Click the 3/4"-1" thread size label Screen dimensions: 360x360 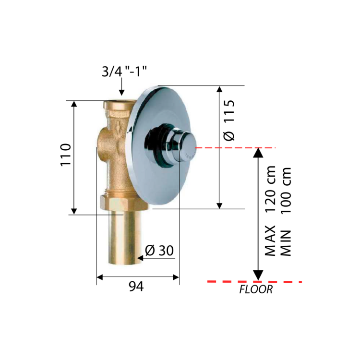[124, 71]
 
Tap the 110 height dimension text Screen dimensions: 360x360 [66, 155]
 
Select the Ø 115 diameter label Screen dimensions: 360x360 [229, 120]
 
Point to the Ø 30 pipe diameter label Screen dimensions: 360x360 [159, 250]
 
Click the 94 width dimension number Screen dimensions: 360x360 [136, 286]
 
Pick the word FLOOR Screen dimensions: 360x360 [256, 289]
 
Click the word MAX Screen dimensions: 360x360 [270, 240]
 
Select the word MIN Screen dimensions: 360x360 [286, 243]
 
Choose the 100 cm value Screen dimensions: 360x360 [286, 191]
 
